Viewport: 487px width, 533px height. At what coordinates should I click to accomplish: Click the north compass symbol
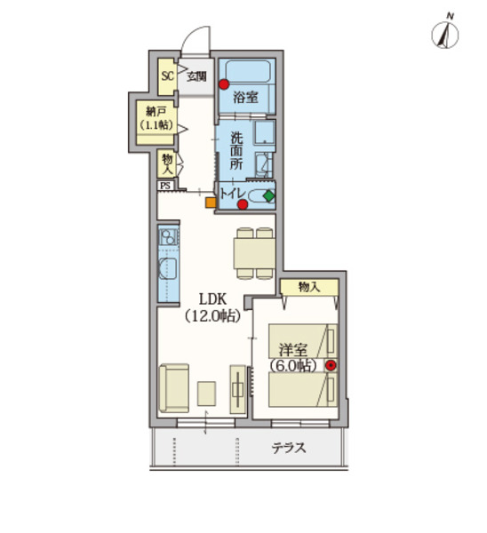445,33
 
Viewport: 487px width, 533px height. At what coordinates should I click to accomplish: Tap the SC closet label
167,76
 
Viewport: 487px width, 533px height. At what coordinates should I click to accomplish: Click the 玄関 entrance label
197,76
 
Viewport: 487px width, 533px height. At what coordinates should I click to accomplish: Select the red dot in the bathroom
223,84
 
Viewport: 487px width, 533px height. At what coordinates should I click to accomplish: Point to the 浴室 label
245,98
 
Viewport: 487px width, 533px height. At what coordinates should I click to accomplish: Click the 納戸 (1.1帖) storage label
156,118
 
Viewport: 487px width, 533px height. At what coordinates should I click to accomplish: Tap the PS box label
165,186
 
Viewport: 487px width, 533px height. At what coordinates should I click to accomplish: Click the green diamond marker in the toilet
269,195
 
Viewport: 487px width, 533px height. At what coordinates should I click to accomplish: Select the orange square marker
211,203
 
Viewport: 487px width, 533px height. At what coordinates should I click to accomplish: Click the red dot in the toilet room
242,204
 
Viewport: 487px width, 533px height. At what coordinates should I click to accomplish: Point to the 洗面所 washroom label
236,151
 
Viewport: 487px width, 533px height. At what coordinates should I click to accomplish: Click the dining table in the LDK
254,253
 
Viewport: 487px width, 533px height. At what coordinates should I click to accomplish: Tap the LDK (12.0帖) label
213,307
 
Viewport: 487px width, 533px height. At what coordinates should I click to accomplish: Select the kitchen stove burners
169,237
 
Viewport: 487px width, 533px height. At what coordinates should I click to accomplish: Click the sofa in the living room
174,388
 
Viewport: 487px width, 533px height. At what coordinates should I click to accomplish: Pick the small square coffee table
206,394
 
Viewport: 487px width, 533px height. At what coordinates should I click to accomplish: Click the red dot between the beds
331,365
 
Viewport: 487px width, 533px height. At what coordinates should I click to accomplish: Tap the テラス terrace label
289,448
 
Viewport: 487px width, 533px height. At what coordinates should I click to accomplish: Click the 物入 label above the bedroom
309,287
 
